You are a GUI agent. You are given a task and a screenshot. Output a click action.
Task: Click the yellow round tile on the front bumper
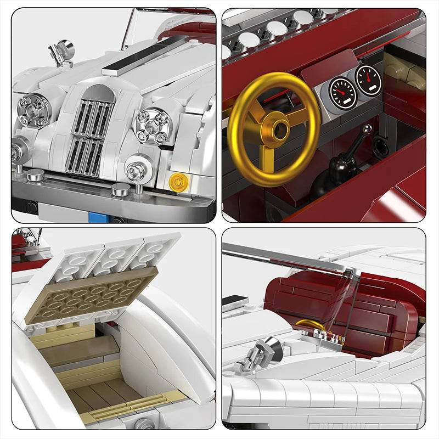point(177,181)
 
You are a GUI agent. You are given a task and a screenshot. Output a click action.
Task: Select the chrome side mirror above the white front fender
point(61,51)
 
